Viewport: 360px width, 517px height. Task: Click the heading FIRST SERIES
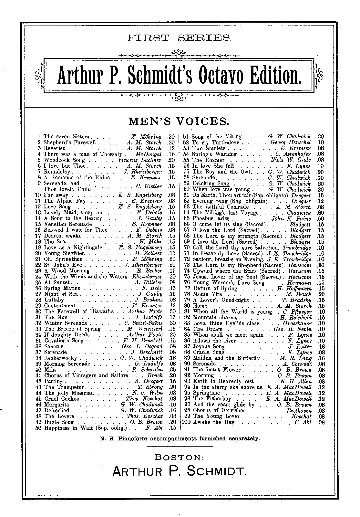coord(180,38)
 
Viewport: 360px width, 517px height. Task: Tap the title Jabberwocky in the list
coord(60,358)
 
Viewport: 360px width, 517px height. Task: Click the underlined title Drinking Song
coord(211,184)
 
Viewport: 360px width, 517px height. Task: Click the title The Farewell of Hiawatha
coord(79,311)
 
